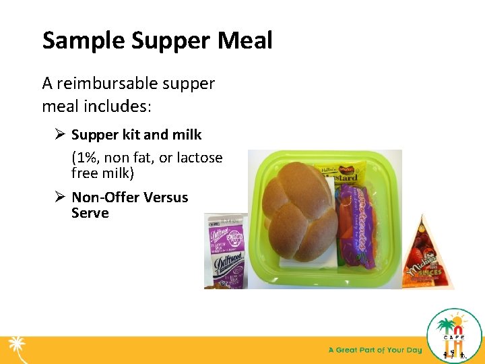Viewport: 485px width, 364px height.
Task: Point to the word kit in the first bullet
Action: [131, 135]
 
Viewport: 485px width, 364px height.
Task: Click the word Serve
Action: [90, 214]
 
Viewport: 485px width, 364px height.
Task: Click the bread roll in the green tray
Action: [300, 205]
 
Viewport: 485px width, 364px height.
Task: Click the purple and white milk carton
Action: [226, 251]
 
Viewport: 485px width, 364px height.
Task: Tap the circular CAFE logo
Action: [453, 336]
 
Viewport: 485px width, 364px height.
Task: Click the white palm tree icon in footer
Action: [16, 348]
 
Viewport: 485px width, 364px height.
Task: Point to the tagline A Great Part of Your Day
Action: [375, 350]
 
